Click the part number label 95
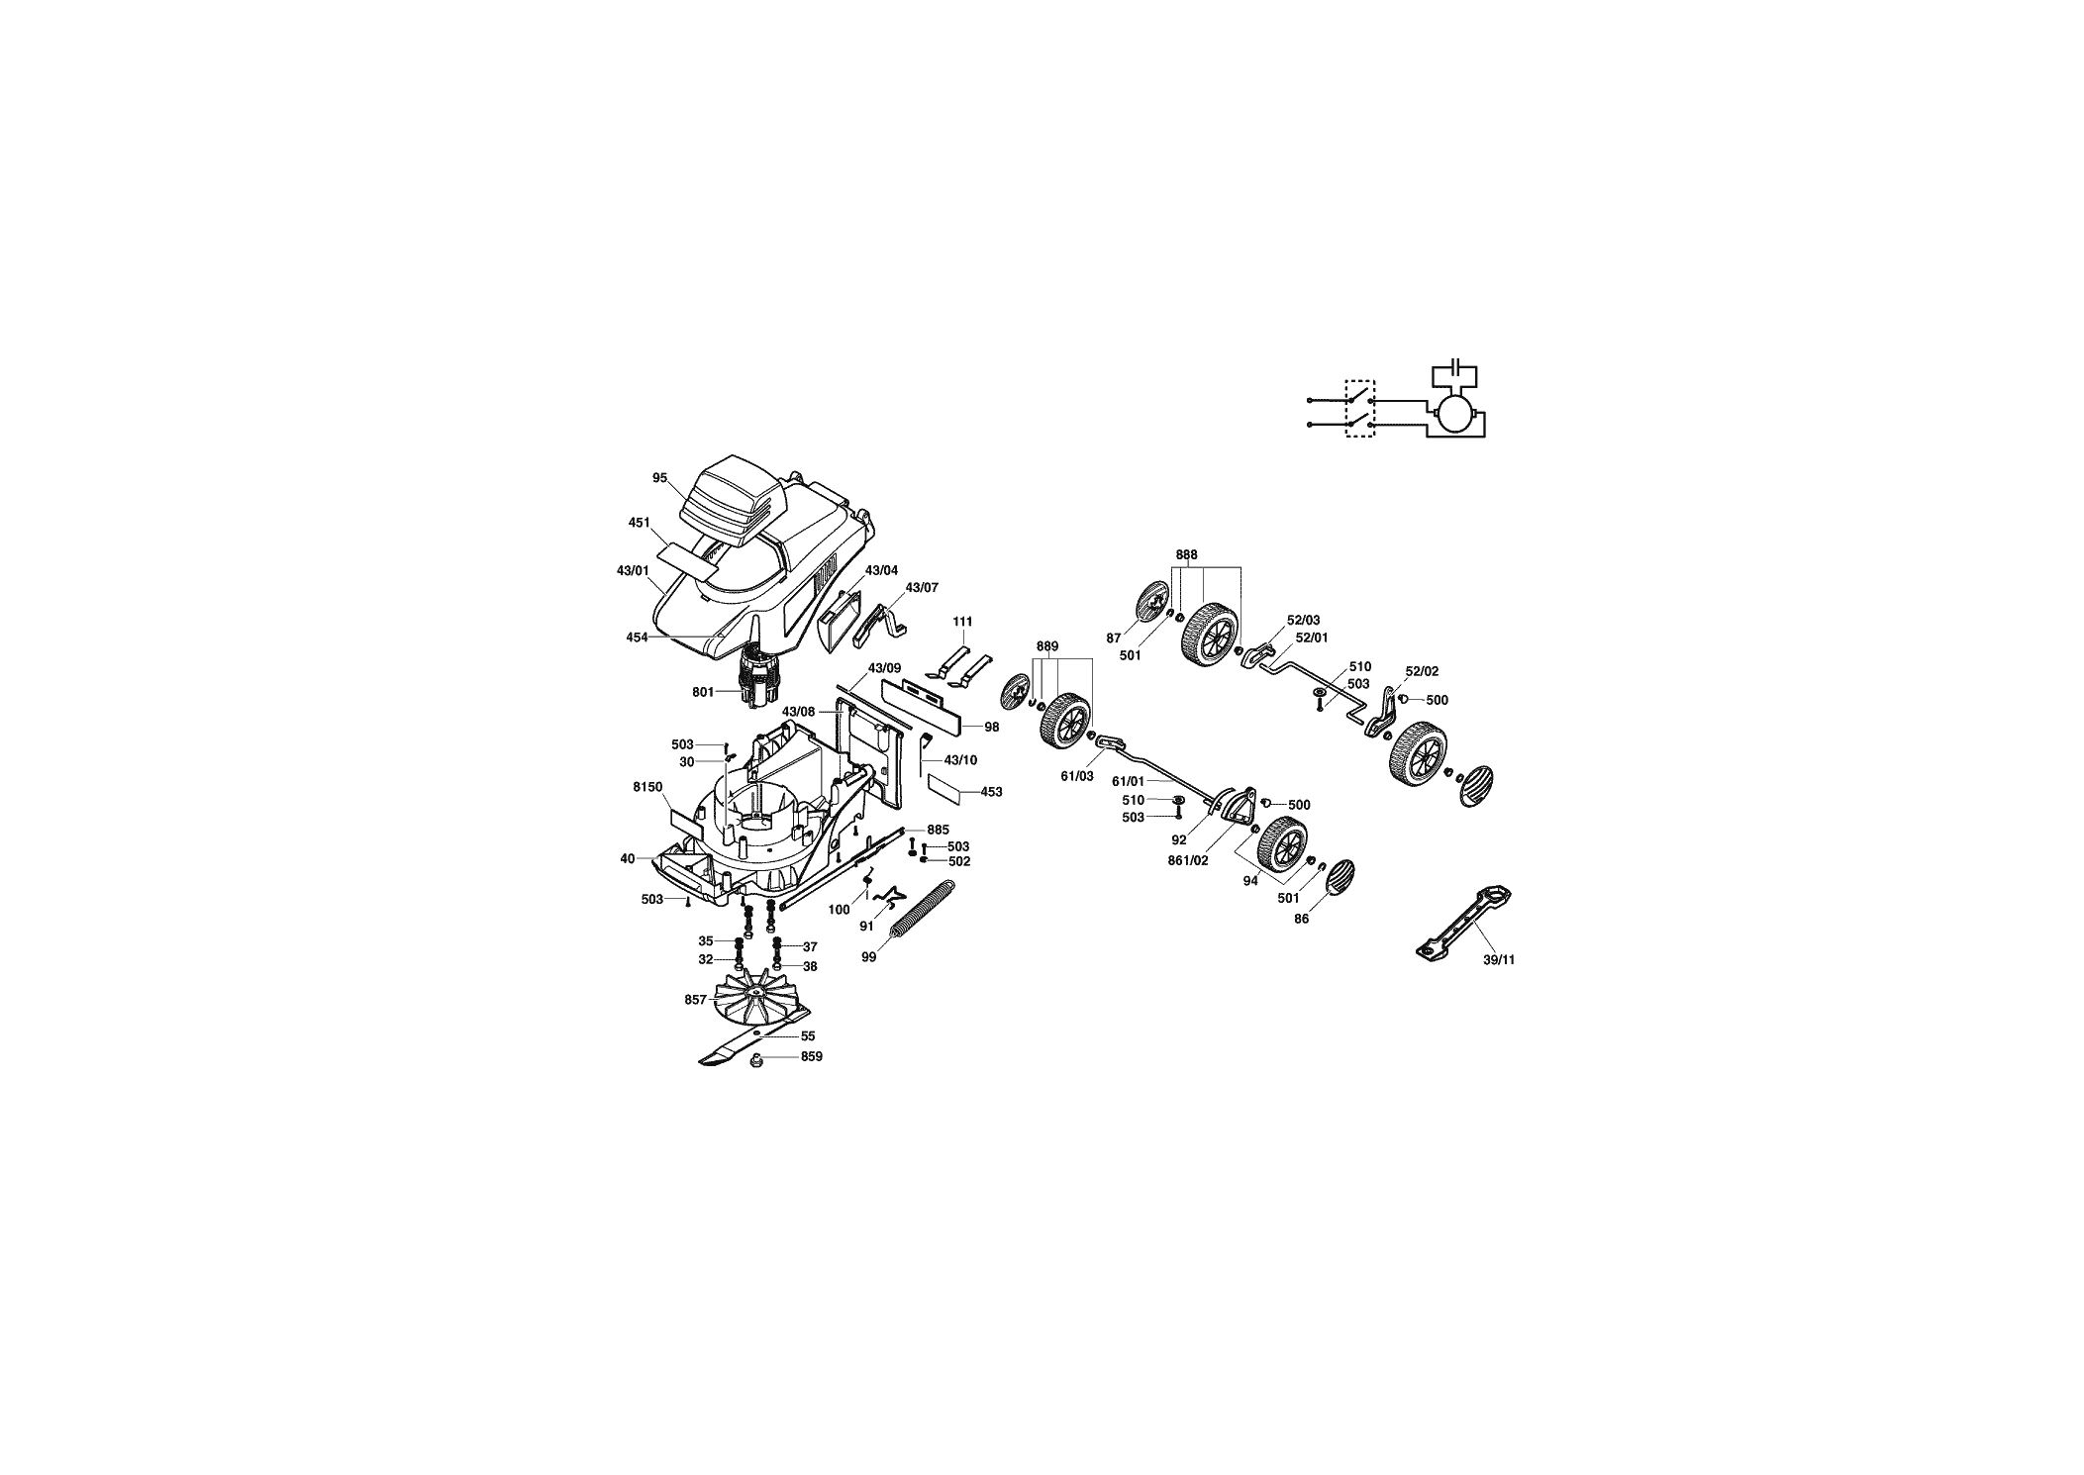pos(659,477)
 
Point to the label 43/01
pos(632,570)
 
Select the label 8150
pos(646,786)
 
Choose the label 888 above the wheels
pos(1187,555)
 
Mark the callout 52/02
pos(1423,671)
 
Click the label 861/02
pos(1188,861)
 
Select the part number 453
pos(991,792)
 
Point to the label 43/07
pos(922,588)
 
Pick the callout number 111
pos(962,622)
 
